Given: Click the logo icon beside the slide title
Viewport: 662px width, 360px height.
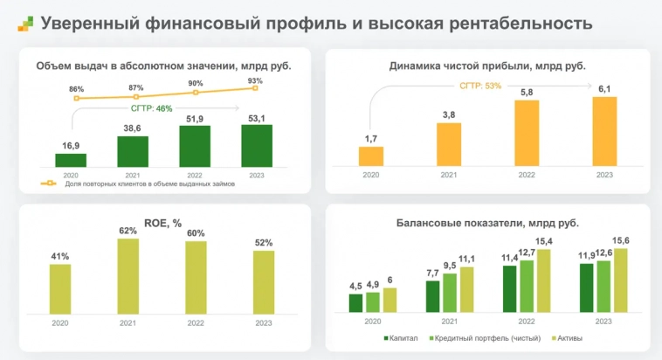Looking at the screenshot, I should (x=25, y=24).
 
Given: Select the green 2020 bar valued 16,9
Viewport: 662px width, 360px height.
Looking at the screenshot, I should (x=71, y=160).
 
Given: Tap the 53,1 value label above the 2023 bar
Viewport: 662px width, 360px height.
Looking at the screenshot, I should (x=256, y=118).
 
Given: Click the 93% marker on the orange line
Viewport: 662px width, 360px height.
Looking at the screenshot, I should (x=256, y=88).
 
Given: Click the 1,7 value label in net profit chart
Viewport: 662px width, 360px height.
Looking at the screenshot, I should (x=370, y=138).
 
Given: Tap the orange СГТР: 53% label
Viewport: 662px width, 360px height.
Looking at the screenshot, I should (x=480, y=86).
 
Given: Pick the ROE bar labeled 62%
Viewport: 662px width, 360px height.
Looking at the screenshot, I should (x=128, y=277).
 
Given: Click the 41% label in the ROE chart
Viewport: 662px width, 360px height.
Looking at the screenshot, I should (x=59, y=257).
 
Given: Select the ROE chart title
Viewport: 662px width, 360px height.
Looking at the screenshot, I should (x=164, y=223).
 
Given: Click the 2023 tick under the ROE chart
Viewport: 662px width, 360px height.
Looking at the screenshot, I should (x=264, y=322).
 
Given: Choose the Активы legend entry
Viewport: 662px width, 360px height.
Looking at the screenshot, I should (x=567, y=338).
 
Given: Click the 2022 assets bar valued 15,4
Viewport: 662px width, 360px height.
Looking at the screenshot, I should (x=544, y=280).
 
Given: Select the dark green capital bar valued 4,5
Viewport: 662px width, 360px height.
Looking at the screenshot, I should (x=355, y=302).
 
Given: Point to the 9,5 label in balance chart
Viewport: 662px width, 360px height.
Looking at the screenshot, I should (x=449, y=266).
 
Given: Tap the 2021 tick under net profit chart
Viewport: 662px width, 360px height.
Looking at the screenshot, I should (x=448, y=176).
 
